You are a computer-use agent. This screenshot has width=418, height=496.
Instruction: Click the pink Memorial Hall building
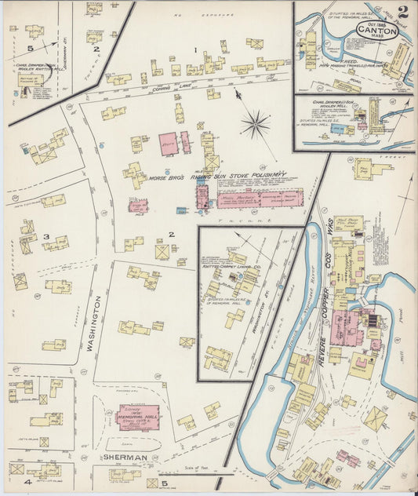(137, 417)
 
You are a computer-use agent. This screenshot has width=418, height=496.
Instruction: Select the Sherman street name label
(125, 457)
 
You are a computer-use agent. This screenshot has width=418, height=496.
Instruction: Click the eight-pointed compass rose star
(255, 123)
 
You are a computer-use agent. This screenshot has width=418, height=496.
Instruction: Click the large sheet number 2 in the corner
(402, 13)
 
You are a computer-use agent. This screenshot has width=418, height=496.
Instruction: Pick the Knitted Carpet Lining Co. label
(231, 267)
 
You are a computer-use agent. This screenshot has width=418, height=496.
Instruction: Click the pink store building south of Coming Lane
(168, 144)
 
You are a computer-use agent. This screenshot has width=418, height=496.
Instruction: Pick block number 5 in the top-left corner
(30, 48)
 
